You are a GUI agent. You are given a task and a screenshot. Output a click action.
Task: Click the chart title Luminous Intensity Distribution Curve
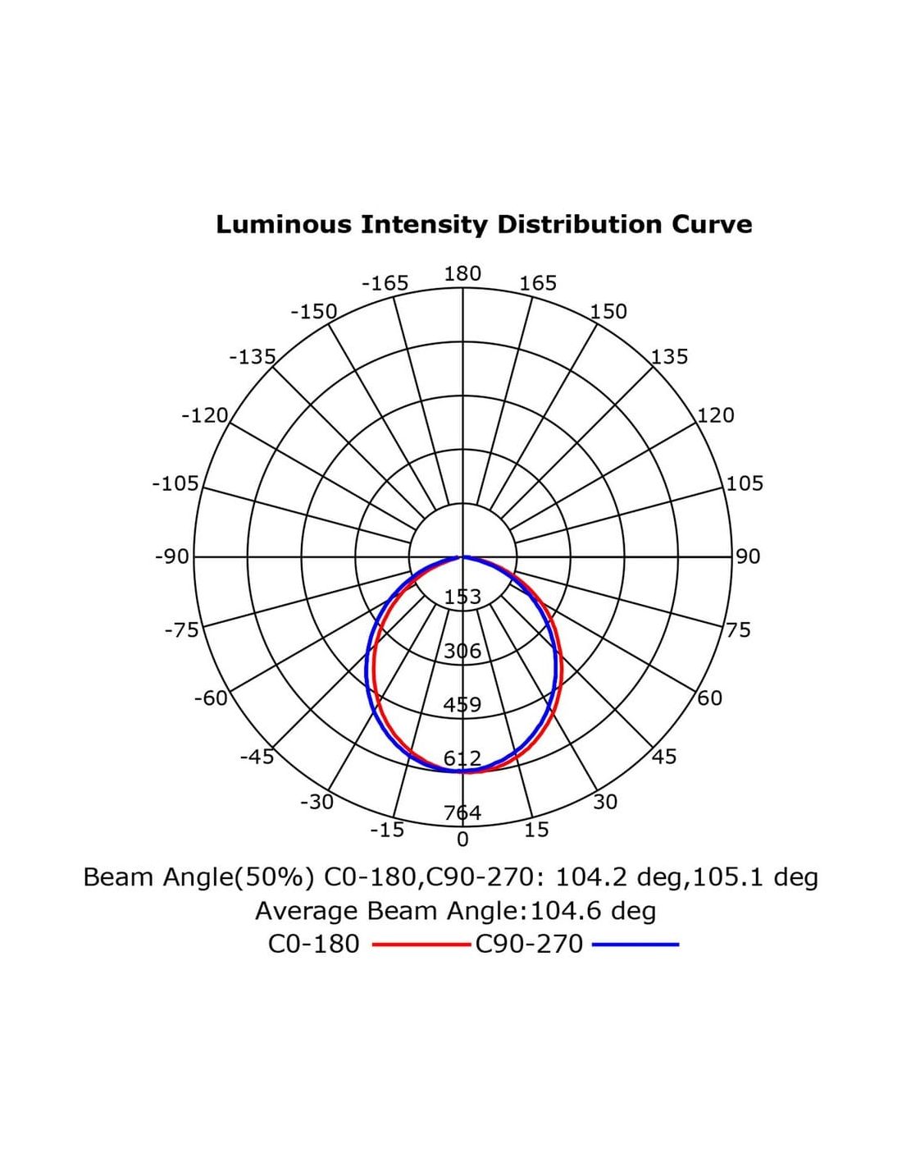click(484, 224)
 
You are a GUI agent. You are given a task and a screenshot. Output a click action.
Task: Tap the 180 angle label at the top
click(462, 274)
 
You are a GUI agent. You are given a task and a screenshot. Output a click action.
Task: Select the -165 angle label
click(385, 284)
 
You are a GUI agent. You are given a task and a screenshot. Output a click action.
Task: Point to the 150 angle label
click(608, 312)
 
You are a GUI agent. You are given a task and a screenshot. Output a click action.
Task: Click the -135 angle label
click(253, 357)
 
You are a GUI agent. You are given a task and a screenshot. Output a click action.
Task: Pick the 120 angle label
click(716, 415)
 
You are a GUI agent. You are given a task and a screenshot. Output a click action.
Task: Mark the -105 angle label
click(175, 483)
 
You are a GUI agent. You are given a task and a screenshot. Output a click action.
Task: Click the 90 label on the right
click(748, 556)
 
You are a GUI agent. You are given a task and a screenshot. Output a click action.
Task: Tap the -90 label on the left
click(172, 557)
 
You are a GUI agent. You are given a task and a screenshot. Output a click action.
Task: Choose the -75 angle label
click(182, 630)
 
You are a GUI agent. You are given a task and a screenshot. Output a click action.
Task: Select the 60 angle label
click(710, 698)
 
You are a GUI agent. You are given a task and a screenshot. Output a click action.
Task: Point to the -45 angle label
click(257, 757)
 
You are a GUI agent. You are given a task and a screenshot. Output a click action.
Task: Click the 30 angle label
click(605, 802)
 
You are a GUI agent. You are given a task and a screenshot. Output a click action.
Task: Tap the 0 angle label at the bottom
click(462, 840)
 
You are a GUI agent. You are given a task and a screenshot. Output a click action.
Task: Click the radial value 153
click(462, 597)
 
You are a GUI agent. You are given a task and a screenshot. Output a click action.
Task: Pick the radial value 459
click(462, 705)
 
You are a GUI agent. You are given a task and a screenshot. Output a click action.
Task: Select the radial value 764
click(462, 813)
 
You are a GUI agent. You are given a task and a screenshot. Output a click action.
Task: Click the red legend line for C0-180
click(421, 945)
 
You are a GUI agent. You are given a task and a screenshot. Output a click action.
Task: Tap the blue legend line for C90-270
click(635, 945)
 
